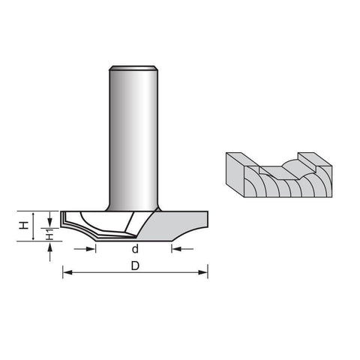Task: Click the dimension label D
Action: [x=135, y=265]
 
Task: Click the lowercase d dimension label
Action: [x=135, y=249]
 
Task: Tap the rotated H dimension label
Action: [x=24, y=226]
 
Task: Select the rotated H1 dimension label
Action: [x=50, y=235]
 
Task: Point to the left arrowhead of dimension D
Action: [x=67, y=272]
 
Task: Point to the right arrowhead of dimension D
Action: [x=203, y=272]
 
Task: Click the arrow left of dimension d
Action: [x=85, y=249]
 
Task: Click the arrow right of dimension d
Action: [x=182, y=249]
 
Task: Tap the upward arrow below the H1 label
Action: [x=50, y=252]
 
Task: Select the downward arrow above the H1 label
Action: [x=50, y=219]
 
